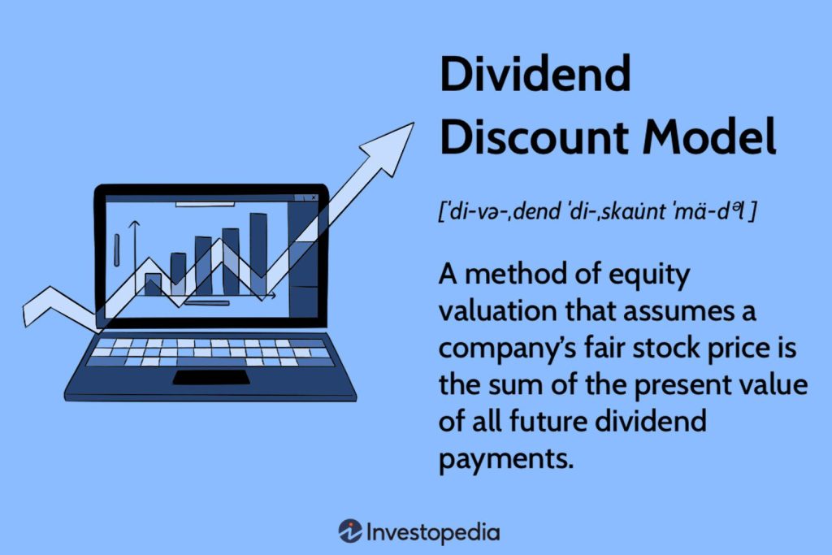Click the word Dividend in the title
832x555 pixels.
point(535,75)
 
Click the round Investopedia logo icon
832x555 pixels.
point(350,532)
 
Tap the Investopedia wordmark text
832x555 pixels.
point(433,533)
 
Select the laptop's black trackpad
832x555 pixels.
point(211,377)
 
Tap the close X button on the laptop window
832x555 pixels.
point(312,197)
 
